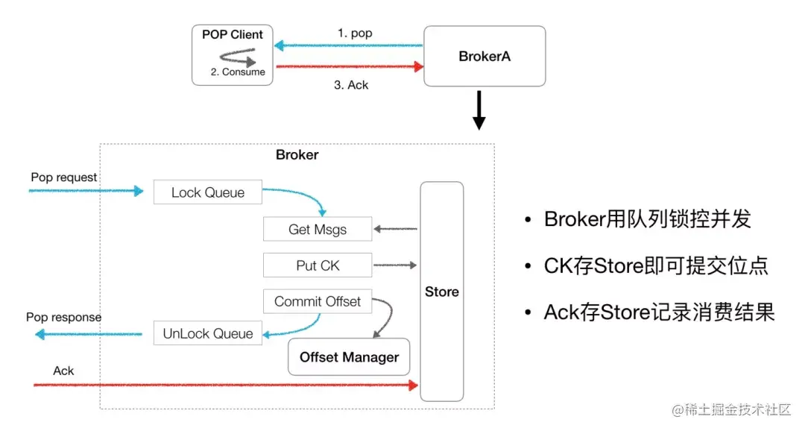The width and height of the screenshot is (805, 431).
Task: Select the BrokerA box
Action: pos(484,56)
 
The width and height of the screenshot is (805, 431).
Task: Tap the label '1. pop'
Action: pos(355,34)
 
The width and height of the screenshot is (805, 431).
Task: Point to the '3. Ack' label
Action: pos(351,85)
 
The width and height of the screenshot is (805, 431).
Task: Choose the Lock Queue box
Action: pos(208,192)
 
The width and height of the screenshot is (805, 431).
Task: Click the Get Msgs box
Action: pos(318,230)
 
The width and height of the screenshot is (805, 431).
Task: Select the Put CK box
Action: pos(318,265)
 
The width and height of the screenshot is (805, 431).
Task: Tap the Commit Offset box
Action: pos(318,302)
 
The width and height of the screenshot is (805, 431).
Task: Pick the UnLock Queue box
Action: pos(208,334)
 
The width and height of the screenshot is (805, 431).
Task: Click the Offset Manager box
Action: pos(349,357)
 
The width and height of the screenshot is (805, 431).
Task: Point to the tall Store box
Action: pos(442,292)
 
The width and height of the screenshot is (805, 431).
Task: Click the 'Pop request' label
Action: pos(64,177)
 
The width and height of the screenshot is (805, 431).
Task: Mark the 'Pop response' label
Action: pos(64,317)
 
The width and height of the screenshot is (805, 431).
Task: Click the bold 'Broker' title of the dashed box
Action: pos(297,155)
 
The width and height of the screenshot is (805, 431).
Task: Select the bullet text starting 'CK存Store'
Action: pos(656,265)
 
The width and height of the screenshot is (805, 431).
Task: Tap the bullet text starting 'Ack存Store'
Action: pos(659,312)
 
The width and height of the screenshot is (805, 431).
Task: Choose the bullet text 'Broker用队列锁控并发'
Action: pos(647,219)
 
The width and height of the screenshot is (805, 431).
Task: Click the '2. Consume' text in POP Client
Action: pos(238,72)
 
